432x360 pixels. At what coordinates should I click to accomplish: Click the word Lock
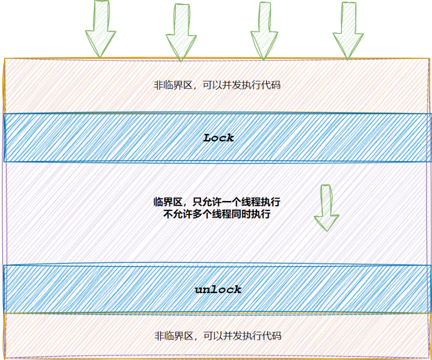[x=219, y=137]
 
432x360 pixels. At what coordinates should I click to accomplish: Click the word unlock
[x=218, y=290]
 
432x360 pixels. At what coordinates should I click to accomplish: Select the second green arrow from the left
[x=181, y=32]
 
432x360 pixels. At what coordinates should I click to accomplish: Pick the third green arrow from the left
[x=264, y=30]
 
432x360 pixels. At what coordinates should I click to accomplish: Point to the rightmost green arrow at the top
[x=348, y=30]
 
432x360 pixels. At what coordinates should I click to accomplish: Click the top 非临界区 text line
[x=217, y=85]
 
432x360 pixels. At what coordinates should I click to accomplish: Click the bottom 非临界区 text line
[x=218, y=336]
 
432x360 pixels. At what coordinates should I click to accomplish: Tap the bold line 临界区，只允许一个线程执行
[x=217, y=202]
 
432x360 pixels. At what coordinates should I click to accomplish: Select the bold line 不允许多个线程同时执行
[x=217, y=214]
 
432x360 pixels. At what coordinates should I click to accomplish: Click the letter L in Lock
[x=208, y=137]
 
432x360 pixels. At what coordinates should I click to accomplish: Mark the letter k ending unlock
[x=237, y=290]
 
